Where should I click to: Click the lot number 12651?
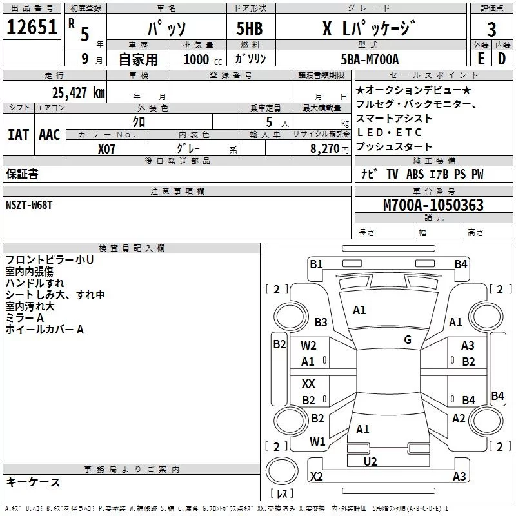(32, 28)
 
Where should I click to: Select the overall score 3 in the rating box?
(491, 29)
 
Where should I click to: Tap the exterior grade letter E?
(481, 58)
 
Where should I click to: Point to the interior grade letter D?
(502, 58)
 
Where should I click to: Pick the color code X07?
(107, 148)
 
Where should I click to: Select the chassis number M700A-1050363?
(433, 205)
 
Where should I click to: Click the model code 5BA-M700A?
(369, 59)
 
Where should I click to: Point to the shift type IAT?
(18, 134)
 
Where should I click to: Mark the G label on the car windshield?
(408, 340)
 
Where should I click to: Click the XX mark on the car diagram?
(309, 384)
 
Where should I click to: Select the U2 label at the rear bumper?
(370, 461)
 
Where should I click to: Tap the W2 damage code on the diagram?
(309, 346)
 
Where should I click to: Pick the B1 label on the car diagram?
(316, 263)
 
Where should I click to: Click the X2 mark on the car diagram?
(316, 477)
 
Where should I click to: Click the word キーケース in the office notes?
(33, 482)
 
